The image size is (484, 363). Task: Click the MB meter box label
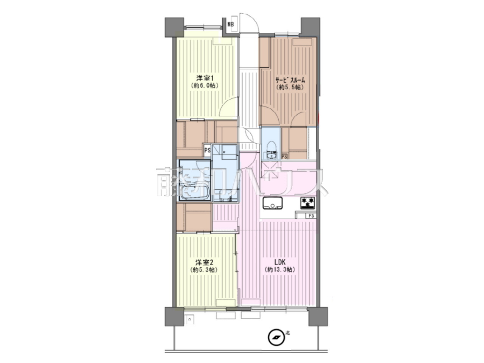click(x=231, y=24)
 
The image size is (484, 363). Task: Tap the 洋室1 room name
click(x=205, y=78)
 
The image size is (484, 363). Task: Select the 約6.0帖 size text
click(x=205, y=86)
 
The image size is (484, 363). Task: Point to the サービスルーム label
click(x=290, y=80)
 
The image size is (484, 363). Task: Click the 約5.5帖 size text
click(x=290, y=87)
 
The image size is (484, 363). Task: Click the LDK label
click(x=280, y=262)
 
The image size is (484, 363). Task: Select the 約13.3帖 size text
click(x=280, y=270)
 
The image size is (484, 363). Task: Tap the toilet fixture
click(x=270, y=150)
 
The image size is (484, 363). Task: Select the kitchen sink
click(x=273, y=203)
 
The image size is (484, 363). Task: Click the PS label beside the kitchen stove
click(x=311, y=216)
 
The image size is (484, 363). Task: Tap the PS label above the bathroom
click(x=207, y=150)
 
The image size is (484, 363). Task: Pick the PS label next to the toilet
click(x=284, y=157)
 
